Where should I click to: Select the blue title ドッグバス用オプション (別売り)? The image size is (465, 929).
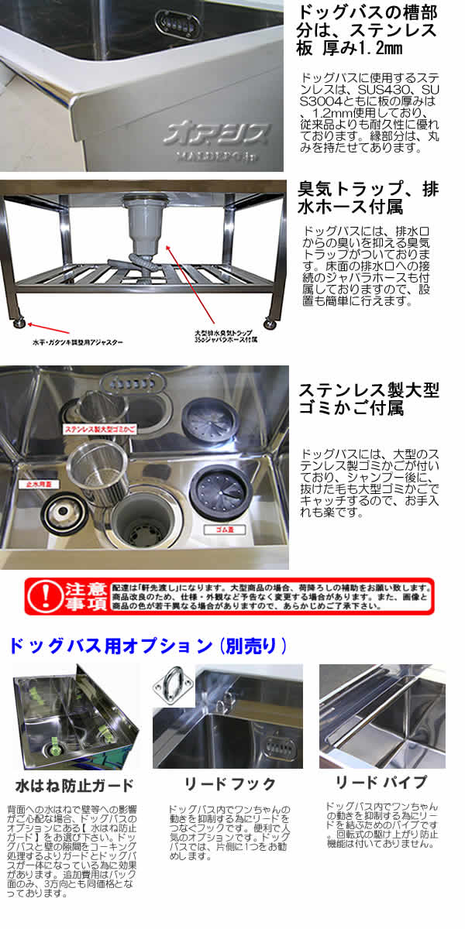[147, 645]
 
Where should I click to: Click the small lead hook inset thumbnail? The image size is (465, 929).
[175, 684]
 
